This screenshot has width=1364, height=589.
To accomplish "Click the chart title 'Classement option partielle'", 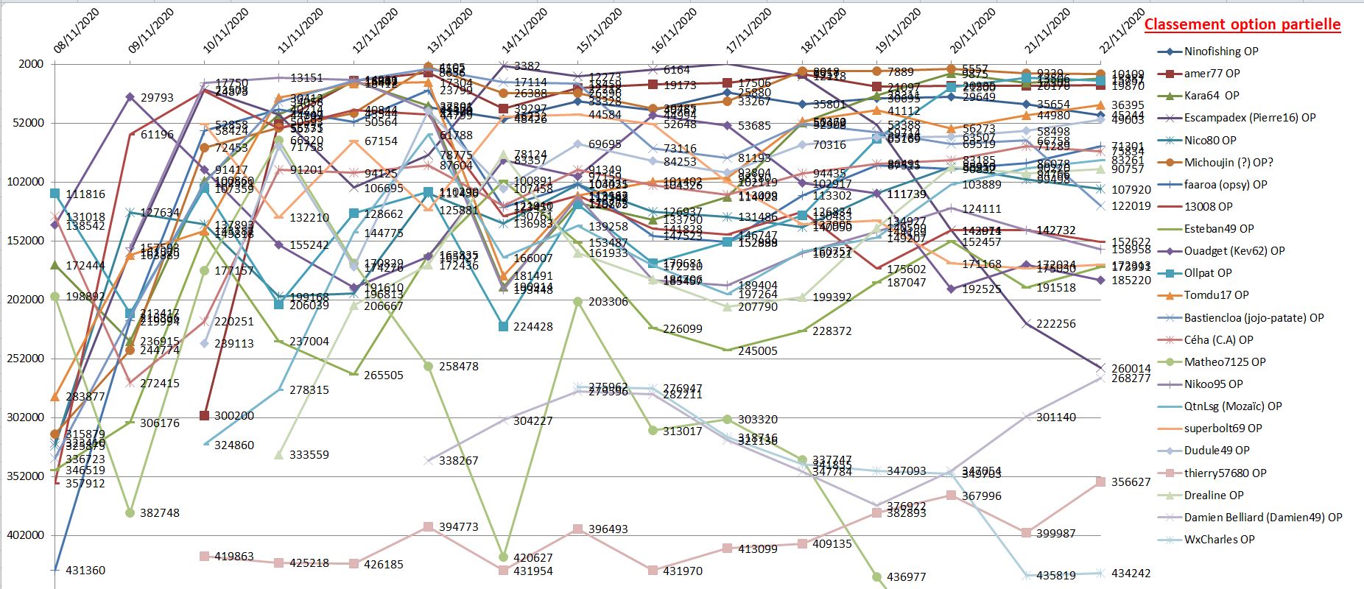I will point(1242,24).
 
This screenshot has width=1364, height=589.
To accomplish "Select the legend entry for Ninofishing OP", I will point(1220,52).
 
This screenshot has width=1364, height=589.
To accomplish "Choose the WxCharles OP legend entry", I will point(1219,540).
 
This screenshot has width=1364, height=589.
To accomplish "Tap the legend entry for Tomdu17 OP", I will point(1216,295).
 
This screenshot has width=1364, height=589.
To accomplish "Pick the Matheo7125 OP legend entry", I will point(1224,361).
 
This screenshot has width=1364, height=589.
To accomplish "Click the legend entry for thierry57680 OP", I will point(1225,473).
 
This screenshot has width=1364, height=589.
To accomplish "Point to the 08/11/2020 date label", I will point(76,32).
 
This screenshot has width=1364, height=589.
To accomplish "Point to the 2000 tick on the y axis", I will point(30,64).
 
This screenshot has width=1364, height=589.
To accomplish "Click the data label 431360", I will point(85,570).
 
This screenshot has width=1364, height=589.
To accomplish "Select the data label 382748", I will point(160,512).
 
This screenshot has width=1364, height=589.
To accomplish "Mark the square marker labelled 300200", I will point(205,416).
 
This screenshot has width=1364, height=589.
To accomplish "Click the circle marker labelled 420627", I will point(504,557).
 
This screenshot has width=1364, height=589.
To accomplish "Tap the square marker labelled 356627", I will point(1100,482).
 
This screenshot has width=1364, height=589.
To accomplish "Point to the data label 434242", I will point(1131,573).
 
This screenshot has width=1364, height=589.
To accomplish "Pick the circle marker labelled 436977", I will point(876,577).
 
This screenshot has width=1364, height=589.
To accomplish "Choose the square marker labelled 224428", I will point(504,326).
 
